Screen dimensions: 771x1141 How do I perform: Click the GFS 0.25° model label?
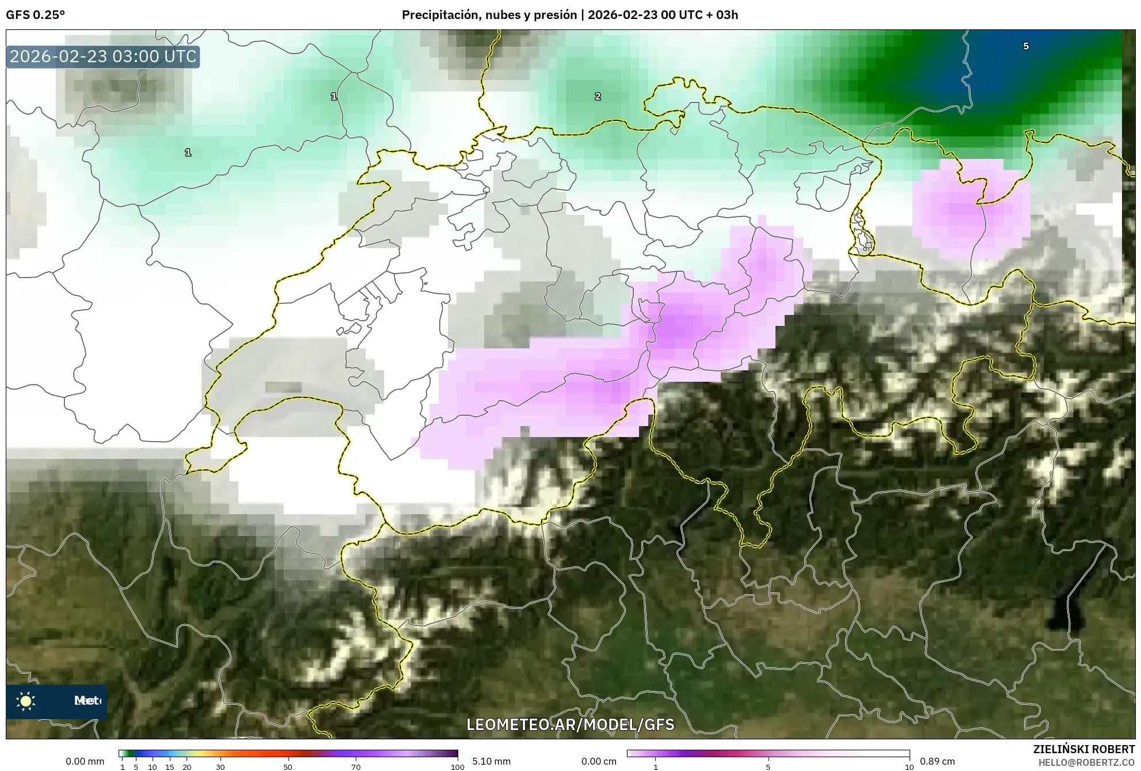[35, 15]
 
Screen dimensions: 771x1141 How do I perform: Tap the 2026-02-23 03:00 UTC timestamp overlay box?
[103, 56]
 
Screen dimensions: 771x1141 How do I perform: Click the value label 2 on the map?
[598, 96]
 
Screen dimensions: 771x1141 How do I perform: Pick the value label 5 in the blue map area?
[1026, 46]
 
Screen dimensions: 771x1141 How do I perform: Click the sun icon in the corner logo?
[26, 701]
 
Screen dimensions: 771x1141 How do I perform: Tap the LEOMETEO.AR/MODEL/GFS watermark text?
[570, 724]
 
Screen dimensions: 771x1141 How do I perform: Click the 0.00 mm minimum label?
[85, 761]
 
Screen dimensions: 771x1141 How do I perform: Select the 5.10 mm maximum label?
[491, 761]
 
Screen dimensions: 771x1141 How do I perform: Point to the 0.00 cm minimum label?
[599, 761]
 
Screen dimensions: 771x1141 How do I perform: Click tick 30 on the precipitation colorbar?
[220, 767]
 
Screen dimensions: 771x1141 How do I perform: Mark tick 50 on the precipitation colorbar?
[288, 767]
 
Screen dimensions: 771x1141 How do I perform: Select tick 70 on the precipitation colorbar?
[356, 767]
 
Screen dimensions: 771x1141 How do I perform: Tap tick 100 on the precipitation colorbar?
[457, 767]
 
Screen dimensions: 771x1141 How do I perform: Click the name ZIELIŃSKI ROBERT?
[1083, 749]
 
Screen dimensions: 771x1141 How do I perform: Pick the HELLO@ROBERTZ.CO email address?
[1086, 762]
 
